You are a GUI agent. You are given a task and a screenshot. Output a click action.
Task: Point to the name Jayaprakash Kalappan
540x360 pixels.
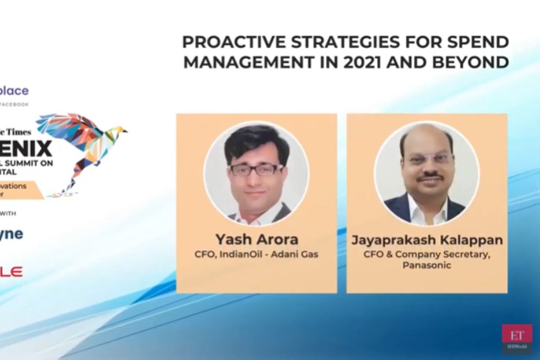coord(427,240)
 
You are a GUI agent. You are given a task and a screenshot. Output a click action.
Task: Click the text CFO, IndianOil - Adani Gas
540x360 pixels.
coord(256,255)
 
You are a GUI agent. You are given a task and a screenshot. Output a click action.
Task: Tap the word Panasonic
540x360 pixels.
coord(427,265)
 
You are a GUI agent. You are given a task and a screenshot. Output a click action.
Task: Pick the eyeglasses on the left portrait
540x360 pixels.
coord(256,169)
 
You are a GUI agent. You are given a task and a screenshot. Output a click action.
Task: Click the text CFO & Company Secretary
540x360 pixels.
coord(427,254)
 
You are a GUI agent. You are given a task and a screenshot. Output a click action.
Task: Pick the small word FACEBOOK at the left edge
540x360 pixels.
coord(15,104)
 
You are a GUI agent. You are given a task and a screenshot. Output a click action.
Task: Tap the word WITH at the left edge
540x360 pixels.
coord(8,213)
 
